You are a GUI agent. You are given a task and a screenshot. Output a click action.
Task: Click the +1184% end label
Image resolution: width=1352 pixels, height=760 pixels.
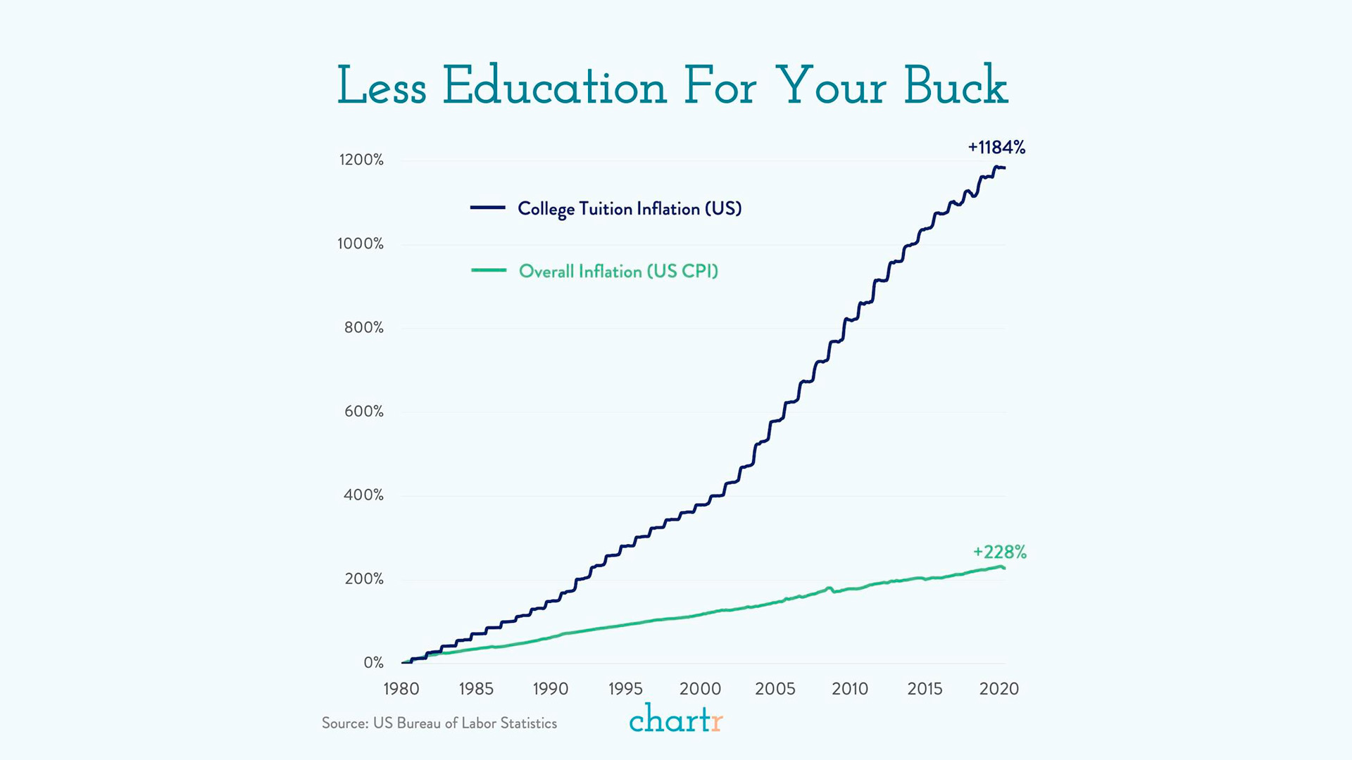click(996, 148)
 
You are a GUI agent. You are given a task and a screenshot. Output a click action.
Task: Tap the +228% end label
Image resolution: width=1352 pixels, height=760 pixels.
click(999, 552)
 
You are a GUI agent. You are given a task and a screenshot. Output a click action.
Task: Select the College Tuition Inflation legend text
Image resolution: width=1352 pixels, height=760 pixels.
click(630, 209)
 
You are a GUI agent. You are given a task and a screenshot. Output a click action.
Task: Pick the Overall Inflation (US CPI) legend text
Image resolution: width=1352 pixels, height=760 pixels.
click(618, 272)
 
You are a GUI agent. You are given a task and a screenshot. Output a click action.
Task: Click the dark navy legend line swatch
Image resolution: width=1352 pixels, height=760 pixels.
click(488, 208)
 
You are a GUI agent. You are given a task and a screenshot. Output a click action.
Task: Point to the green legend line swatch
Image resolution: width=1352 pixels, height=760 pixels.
click(488, 270)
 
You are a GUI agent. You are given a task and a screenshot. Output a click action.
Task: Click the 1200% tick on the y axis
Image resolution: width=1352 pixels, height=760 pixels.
click(361, 160)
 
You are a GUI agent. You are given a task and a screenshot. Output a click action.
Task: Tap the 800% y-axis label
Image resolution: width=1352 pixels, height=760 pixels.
click(363, 328)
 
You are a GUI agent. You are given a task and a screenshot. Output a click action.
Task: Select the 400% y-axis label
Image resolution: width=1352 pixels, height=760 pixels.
click(363, 495)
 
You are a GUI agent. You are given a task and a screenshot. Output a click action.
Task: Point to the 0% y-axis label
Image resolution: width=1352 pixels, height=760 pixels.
click(373, 663)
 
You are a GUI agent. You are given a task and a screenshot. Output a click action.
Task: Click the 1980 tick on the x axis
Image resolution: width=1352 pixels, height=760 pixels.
click(401, 689)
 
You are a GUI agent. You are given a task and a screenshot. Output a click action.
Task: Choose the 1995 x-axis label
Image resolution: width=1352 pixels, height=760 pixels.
click(625, 689)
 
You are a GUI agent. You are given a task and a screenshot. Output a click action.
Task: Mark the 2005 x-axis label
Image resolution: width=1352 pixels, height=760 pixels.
click(775, 689)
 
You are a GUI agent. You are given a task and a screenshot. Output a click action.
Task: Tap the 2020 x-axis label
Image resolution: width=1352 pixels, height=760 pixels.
click(999, 689)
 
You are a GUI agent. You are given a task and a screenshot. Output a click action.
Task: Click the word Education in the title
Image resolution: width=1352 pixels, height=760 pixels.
click(554, 87)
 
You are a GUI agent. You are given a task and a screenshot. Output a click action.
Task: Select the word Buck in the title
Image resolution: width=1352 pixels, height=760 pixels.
click(955, 87)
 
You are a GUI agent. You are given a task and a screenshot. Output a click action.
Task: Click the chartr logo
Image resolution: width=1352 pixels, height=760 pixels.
click(675, 719)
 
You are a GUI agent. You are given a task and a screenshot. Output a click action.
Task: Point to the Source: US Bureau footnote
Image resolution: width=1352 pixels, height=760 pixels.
click(439, 723)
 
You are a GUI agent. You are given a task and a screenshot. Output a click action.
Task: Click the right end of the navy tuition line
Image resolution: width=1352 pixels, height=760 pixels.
click(1004, 167)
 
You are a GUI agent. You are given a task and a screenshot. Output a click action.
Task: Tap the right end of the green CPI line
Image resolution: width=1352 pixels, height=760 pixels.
click(1003, 568)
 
